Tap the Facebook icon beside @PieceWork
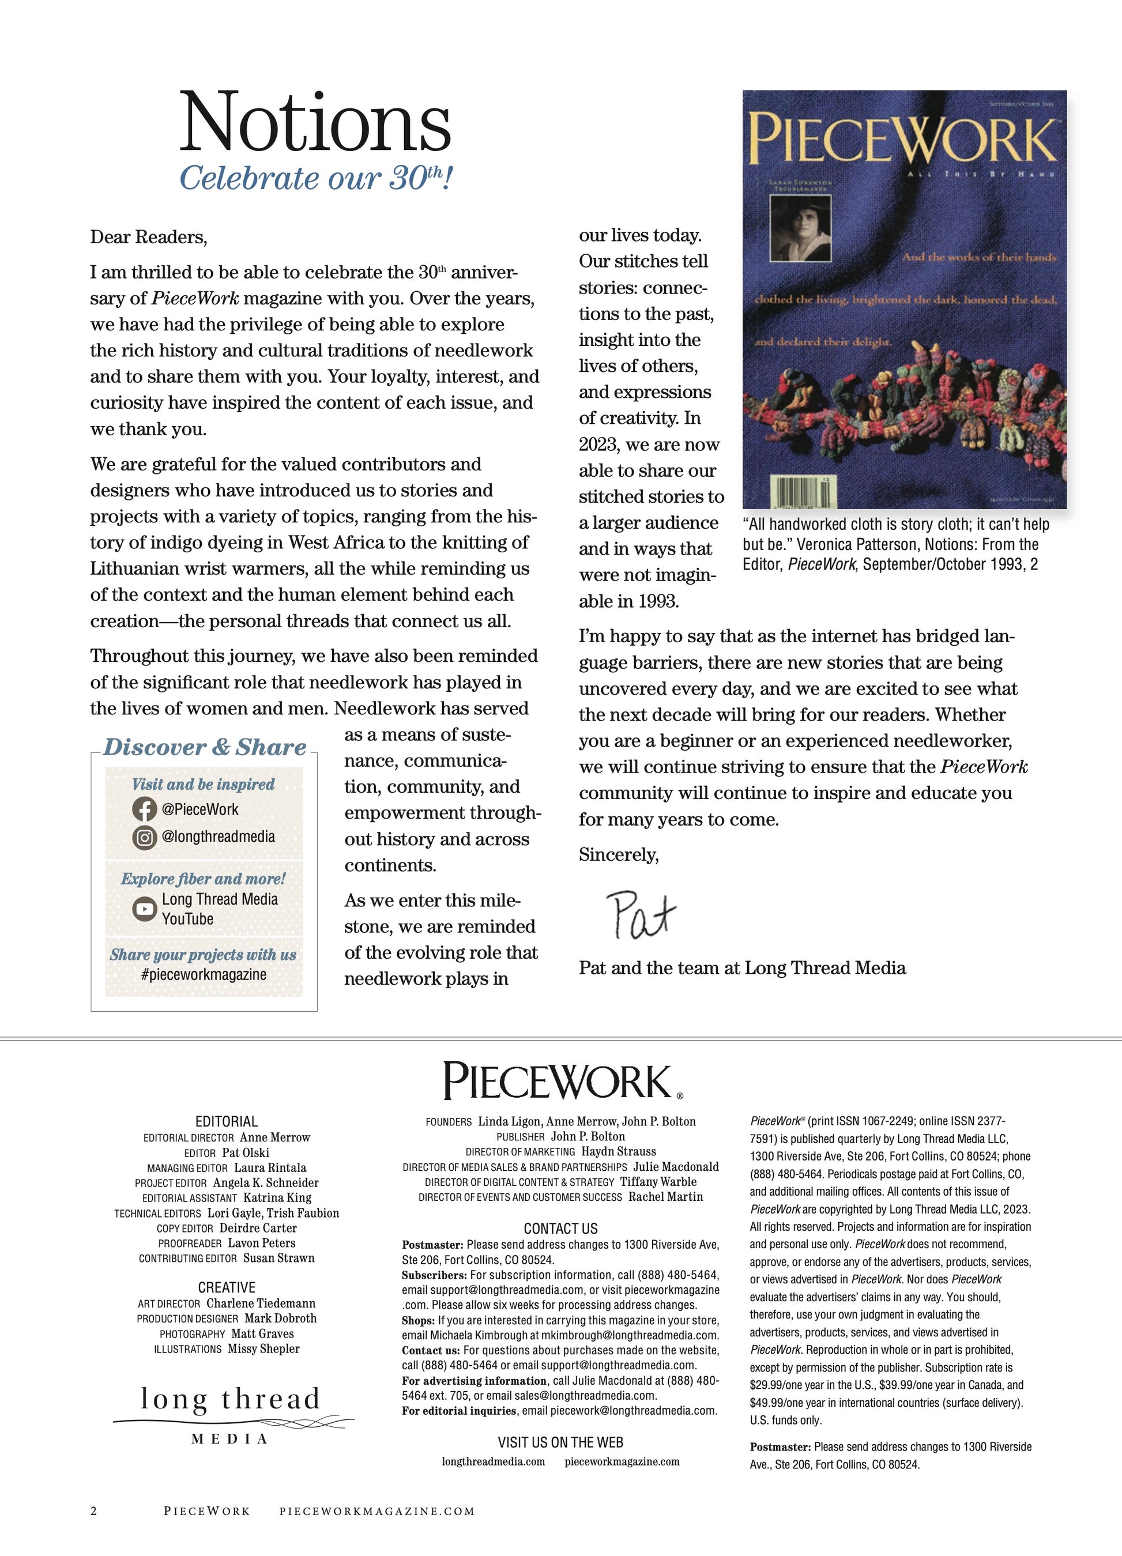(144, 809)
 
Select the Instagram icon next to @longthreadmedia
(144, 837)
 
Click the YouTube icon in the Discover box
(144, 909)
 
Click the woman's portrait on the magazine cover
(801, 228)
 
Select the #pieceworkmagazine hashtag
(203, 974)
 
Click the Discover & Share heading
(205, 747)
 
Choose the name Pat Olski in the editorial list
(246, 1152)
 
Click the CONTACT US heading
(560, 1228)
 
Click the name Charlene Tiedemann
(261, 1303)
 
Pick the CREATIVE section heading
(227, 1287)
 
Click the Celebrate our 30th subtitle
(315, 178)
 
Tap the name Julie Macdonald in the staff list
(676, 1166)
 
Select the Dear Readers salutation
(148, 238)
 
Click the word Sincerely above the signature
(618, 855)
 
